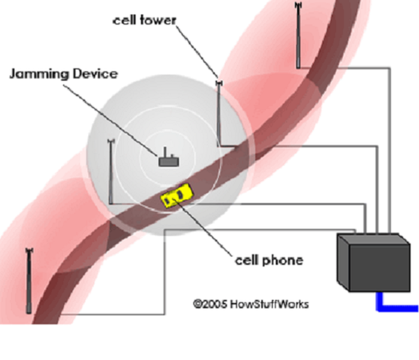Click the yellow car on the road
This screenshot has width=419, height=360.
click(x=177, y=196)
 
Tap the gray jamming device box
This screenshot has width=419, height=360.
click(x=169, y=162)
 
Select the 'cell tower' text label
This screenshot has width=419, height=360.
click(x=144, y=21)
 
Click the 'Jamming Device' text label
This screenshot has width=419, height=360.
click(x=63, y=74)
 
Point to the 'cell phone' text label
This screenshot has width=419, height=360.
click(x=269, y=260)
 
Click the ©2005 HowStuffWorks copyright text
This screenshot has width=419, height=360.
click(x=251, y=304)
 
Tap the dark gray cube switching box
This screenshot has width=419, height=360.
click(x=373, y=263)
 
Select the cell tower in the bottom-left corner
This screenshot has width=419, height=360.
click(x=29, y=280)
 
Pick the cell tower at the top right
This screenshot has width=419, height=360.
click(x=298, y=35)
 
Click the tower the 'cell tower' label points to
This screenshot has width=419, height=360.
click(x=219, y=113)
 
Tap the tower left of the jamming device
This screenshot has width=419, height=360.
click(x=111, y=171)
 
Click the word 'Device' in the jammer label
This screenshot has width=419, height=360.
click(x=95, y=74)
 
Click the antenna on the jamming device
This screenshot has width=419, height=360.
click(x=165, y=152)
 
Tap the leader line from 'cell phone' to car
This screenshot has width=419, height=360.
click(x=203, y=228)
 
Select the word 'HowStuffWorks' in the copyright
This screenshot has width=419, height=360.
click(x=270, y=304)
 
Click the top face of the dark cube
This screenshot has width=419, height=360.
click(x=373, y=240)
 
